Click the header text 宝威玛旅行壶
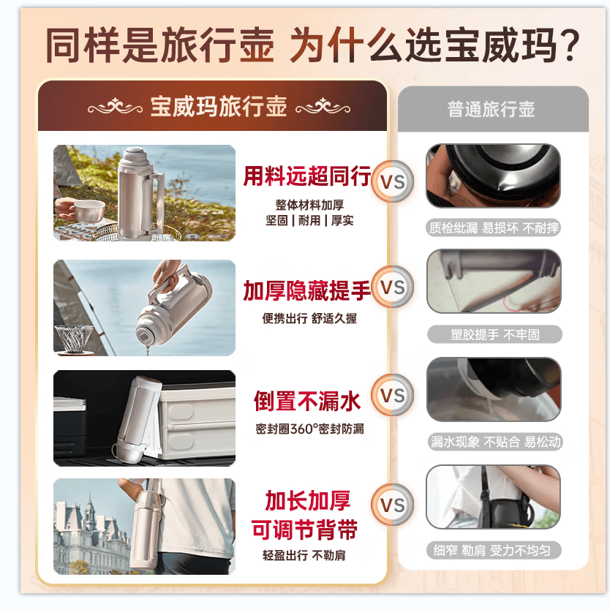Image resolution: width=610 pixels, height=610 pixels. [219, 106]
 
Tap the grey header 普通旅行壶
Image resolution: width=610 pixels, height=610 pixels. [491, 109]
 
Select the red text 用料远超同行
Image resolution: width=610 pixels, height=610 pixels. [307, 176]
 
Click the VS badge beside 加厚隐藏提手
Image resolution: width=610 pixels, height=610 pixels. [393, 287]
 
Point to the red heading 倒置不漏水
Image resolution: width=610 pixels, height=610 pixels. [307, 401]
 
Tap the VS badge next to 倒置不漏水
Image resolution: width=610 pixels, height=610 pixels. [393, 395]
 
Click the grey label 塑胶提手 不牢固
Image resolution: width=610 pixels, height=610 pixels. [495, 334]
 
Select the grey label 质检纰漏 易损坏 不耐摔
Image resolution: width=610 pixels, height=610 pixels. [494, 227]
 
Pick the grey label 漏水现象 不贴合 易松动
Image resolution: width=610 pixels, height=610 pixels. [496, 442]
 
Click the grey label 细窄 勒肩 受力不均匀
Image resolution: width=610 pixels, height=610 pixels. [493, 550]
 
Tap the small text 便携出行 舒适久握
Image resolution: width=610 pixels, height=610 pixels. [309, 318]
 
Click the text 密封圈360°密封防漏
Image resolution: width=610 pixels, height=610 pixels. [309, 429]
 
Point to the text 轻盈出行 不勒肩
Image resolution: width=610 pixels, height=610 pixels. [304, 555]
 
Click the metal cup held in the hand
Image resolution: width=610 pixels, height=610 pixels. [89, 211]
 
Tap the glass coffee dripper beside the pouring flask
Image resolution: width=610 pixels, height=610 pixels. [74, 339]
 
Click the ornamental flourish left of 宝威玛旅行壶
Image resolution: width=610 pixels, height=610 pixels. [115, 107]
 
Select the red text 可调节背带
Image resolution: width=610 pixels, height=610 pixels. [304, 530]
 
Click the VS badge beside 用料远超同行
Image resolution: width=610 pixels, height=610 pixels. [393, 181]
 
